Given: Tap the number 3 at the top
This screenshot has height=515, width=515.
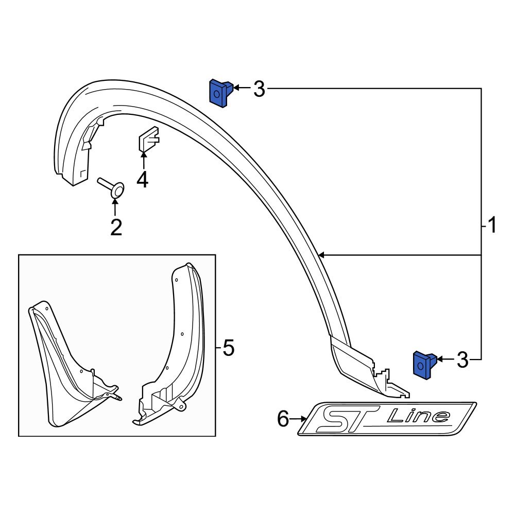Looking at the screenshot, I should point(259,90).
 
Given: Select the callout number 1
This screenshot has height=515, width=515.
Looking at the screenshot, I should point(492,225).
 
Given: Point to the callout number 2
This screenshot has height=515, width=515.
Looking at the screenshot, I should point(116,227).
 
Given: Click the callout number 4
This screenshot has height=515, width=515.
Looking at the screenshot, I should point(142,180).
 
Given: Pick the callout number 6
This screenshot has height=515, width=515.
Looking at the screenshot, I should point(283,419).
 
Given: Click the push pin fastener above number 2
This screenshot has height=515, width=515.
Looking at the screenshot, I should point(114,188).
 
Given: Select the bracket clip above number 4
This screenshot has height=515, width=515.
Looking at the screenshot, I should point(148,139).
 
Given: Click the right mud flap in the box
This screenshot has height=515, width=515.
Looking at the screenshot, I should point(173,350).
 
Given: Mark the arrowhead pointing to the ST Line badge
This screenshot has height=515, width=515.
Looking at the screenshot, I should point(303,419).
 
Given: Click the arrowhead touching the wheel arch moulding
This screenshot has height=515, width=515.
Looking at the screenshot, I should point(321,255).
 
